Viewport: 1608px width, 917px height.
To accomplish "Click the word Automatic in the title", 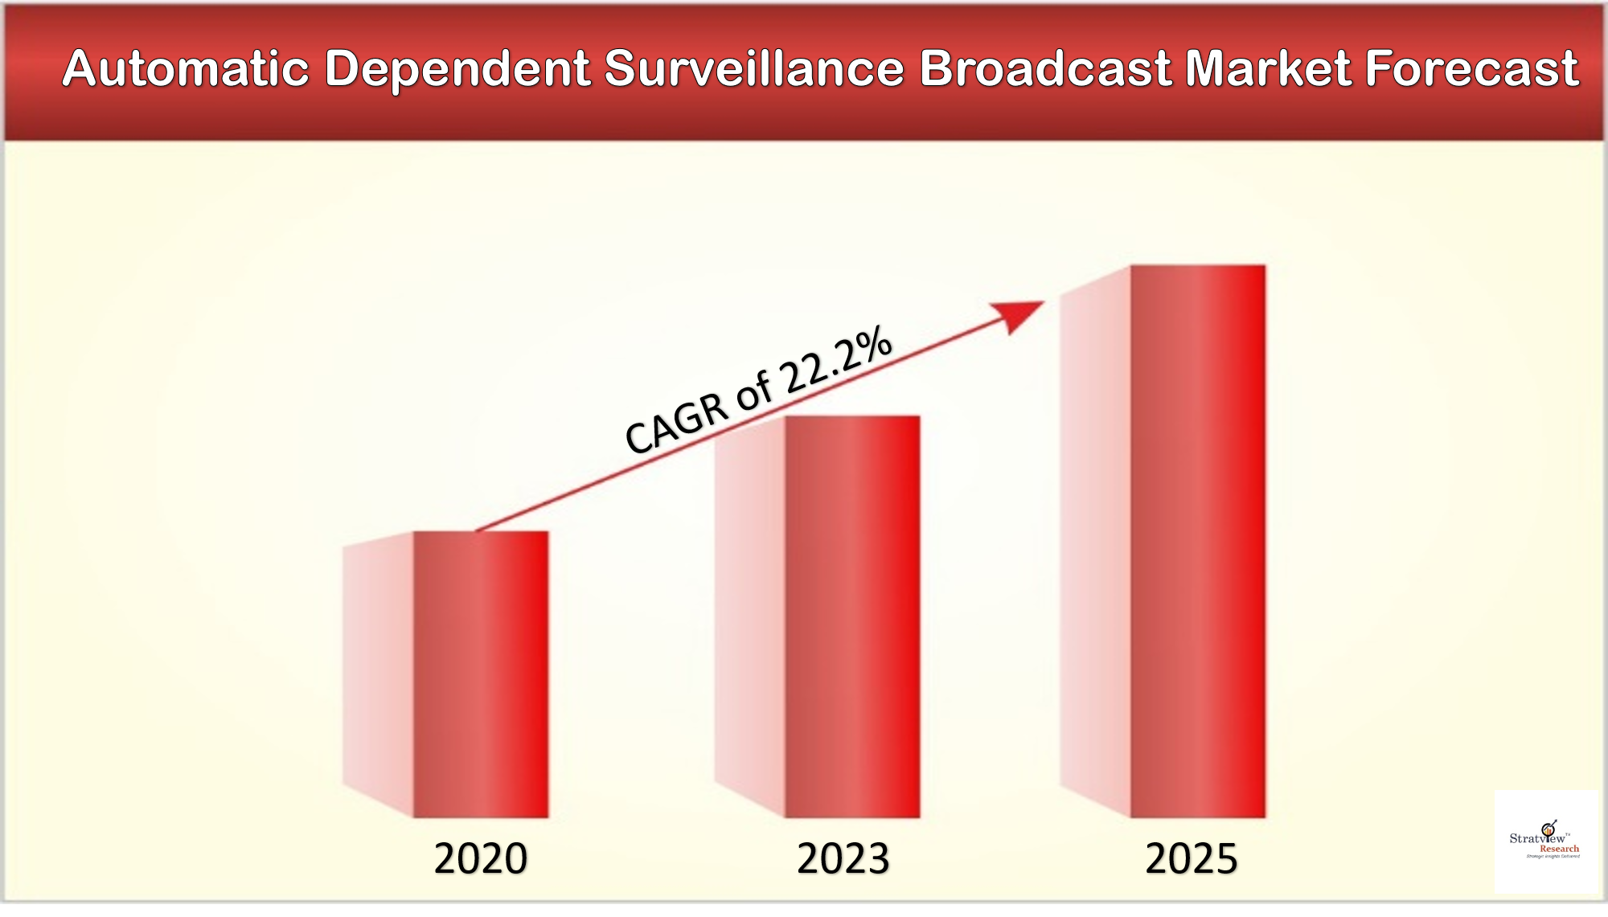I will [x=186, y=68].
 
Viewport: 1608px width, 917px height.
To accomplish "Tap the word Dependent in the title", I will [x=458, y=68].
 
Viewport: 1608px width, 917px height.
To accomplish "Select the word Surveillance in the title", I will [x=754, y=68].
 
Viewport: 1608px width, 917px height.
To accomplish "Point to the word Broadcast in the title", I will [x=1045, y=68].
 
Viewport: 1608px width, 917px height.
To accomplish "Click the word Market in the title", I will [x=1269, y=68].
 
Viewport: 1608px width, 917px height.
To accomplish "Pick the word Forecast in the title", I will [x=1472, y=68].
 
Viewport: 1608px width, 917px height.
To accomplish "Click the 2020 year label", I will [x=481, y=858].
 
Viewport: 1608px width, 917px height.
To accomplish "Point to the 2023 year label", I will [x=843, y=858].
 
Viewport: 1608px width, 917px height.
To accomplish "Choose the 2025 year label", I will [x=1192, y=858].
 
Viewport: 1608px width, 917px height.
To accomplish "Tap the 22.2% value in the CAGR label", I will [x=836, y=362].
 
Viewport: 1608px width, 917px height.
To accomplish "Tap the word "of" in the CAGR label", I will [x=754, y=391].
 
